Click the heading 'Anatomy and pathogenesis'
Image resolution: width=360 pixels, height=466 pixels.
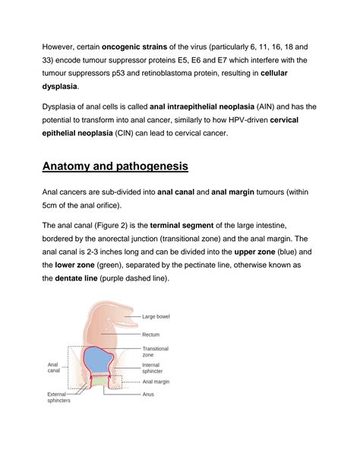125,165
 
